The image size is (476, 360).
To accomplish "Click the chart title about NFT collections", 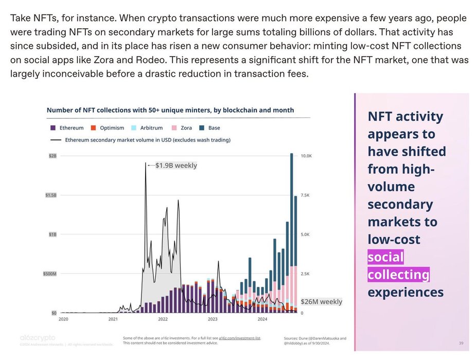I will [170, 110].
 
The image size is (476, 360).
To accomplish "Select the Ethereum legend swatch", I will [53, 128].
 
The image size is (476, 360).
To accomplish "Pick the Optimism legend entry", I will [107, 128].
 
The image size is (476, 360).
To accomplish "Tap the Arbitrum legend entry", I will [150, 128].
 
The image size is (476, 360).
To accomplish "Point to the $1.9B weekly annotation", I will [176, 166].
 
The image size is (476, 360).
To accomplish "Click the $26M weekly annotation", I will [321, 302].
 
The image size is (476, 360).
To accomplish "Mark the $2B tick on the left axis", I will [53, 155].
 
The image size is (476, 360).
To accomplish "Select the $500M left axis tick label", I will [49, 274].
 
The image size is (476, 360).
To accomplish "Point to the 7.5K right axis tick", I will [306, 195].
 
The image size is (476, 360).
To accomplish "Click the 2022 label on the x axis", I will [163, 319].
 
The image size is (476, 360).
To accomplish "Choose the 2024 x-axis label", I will [262, 319].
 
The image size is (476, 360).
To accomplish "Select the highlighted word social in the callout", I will [385, 257].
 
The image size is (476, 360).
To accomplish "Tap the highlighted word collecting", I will [398, 275].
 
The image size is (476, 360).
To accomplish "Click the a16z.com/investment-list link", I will [240, 338].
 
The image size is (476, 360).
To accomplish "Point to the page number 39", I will [461, 343].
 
